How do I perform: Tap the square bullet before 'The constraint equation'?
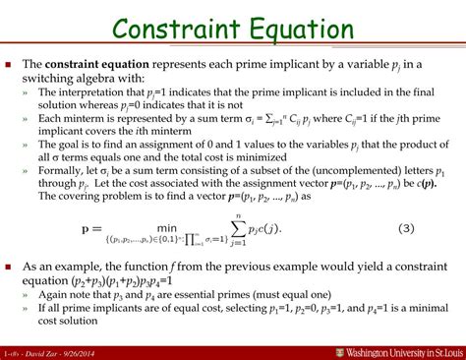(x=11, y=63)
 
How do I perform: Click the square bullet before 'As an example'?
(x=11, y=267)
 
